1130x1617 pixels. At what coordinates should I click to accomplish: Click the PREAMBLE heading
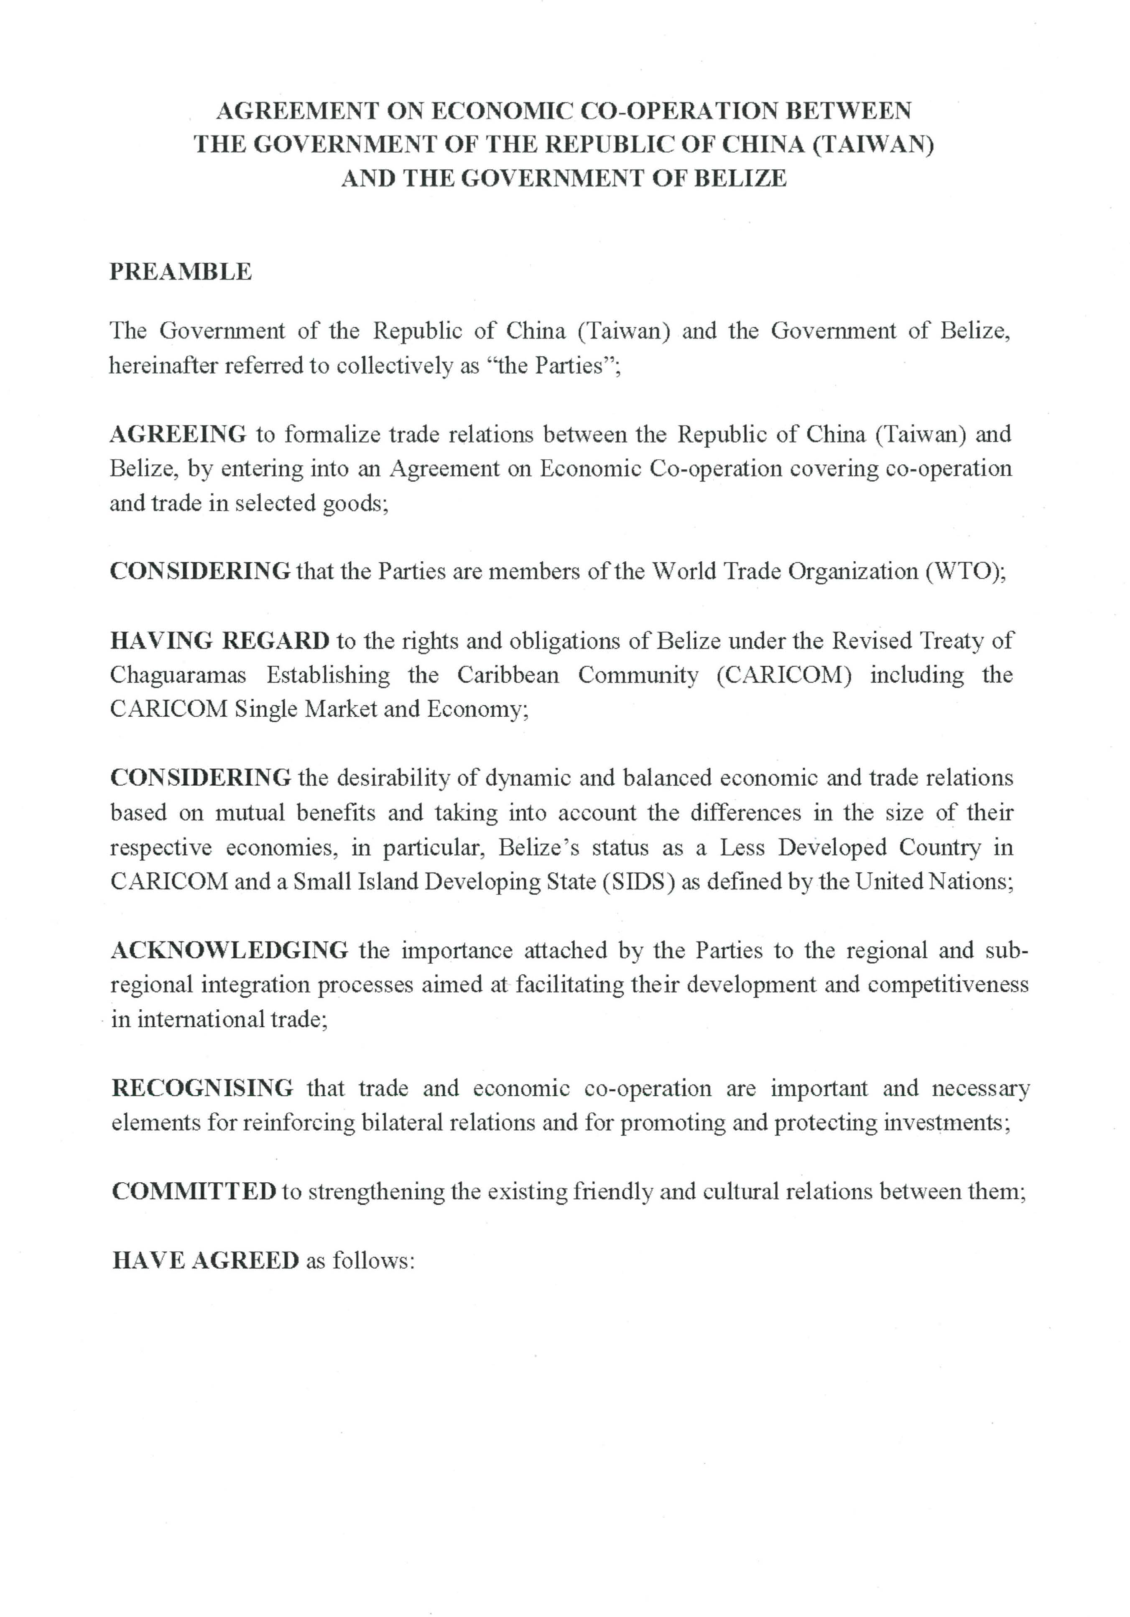tap(180, 272)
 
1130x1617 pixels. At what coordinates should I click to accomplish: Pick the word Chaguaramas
tap(178, 675)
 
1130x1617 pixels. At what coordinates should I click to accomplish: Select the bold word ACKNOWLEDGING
tap(230, 950)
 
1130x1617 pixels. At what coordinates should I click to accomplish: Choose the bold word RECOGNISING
tap(202, 1088)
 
